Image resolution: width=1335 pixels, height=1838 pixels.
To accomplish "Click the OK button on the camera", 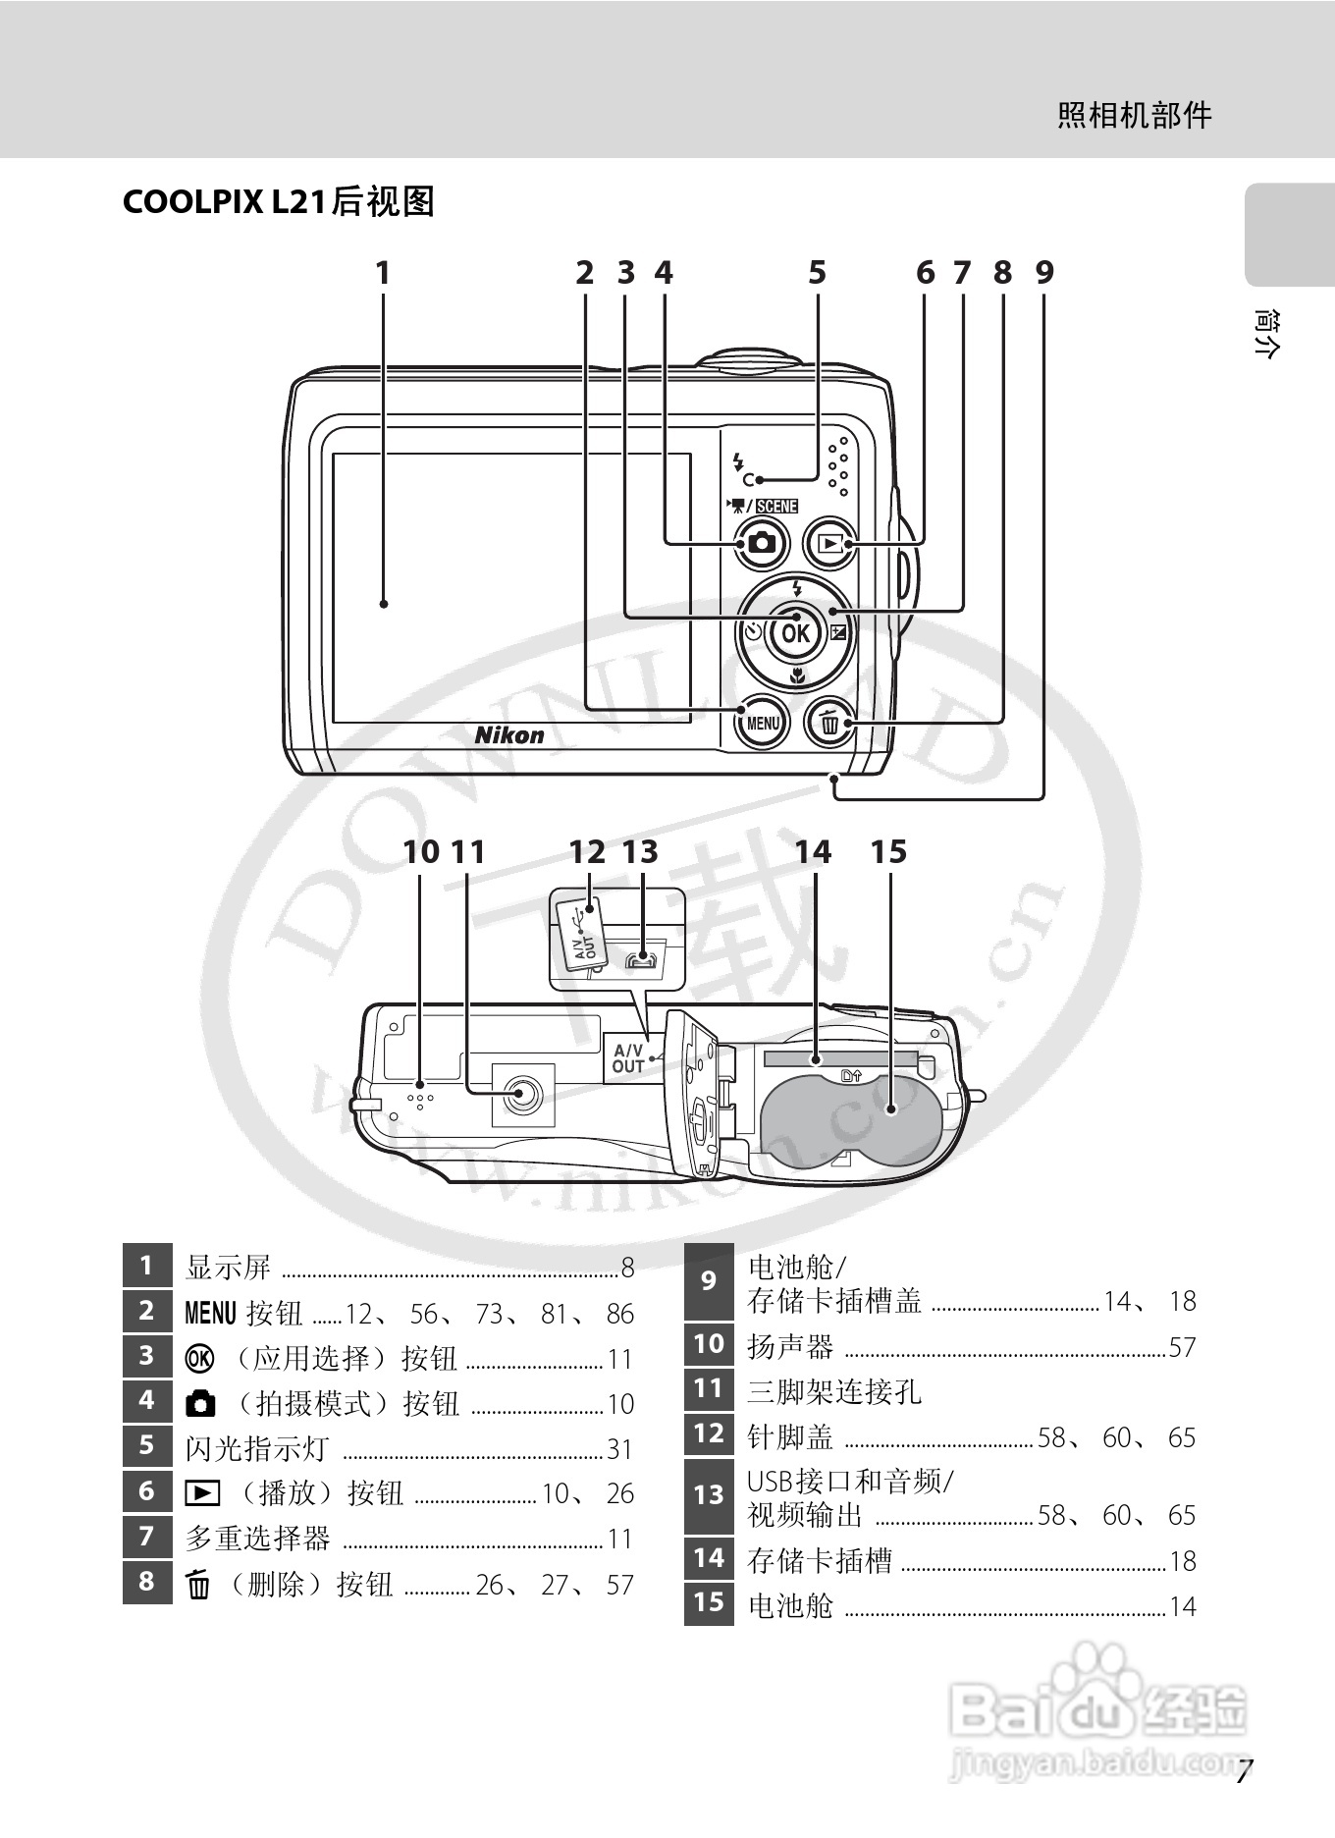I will click(795, 633).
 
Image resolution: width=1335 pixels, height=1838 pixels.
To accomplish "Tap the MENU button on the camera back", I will click(763, 724).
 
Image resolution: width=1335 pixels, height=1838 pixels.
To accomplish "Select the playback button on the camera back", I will click(831, 543).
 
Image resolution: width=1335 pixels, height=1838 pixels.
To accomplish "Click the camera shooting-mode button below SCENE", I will click(761, 543).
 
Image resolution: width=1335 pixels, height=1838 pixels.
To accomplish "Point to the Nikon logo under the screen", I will click(509, 734).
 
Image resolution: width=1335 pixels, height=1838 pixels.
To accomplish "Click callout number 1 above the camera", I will click(383, 273).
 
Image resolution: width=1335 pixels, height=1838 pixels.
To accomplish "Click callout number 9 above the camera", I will click(1043, 273).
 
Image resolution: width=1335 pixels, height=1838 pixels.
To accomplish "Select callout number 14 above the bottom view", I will click(813, 852).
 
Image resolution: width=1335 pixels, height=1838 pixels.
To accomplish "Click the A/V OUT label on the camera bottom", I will click(628, 1058).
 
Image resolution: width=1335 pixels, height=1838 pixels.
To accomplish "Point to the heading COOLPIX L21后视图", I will click(278, 201).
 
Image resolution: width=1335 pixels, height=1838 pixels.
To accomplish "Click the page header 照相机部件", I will click(1134, 116).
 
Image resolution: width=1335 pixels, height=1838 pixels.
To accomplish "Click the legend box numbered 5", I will click(147, 1445).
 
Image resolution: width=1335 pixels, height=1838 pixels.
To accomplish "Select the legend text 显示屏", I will click(228, 1268).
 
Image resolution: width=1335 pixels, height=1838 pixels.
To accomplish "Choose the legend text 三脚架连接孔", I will click(834, 1391).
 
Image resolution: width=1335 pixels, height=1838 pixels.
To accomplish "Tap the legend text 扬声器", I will click(790, 1346).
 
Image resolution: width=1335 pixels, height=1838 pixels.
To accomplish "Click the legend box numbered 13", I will click(709, 1495).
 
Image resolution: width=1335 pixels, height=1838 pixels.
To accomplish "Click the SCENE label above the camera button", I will click(776, 506).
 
